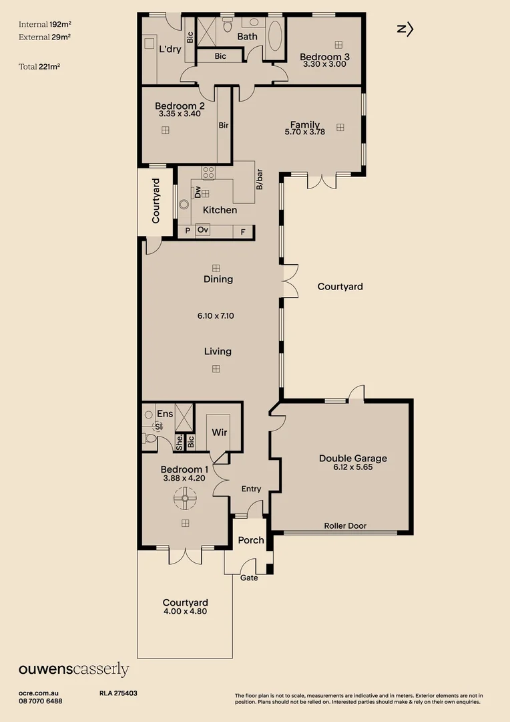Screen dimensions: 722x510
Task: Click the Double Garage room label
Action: pos(352,459)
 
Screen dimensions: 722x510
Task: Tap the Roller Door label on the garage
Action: pos(345,526)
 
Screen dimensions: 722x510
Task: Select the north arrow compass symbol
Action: pos(405,29)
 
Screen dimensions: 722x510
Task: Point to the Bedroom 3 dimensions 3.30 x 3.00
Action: pos(324,65)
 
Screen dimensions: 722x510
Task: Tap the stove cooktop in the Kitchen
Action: pos(208,172)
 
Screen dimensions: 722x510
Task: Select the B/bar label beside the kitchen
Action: pos(260,179)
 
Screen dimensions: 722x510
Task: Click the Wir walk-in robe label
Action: pos(220,433)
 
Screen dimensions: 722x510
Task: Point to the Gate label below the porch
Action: pos(249,578)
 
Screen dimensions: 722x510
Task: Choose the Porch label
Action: pos(251,540)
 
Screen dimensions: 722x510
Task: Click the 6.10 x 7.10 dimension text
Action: pos(216,316)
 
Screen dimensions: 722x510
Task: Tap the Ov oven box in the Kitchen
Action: pos(203,230)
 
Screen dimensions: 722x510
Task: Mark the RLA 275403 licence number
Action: pos(118,694)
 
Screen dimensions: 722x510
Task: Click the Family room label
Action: pos(304,124)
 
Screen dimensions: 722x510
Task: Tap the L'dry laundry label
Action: pos(170,48)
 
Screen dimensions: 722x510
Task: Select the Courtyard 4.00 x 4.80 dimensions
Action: pos(184,611)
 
